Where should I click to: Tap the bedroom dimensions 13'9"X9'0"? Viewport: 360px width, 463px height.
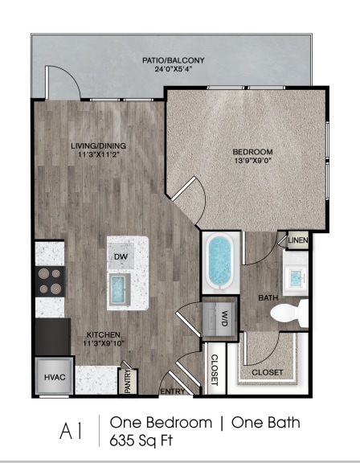pos(252,162)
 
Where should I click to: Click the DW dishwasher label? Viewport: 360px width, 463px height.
pos(121,256)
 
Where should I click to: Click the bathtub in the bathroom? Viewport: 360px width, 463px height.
pos(219,261)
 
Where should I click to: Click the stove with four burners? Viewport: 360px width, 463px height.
pos(49,281)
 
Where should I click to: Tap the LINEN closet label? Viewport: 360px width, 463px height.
pos(297,240)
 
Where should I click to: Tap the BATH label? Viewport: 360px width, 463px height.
pos(268,297)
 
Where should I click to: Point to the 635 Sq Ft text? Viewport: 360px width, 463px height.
pos(144,440)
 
